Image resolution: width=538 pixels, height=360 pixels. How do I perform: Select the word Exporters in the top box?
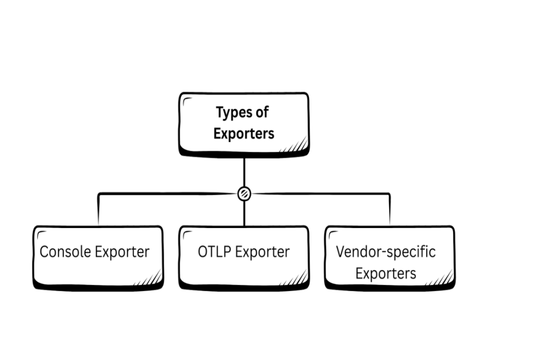pyautogui.click(x=244, y=133)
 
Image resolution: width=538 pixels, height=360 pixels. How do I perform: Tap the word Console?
pyautogui.click(x=66, y=252)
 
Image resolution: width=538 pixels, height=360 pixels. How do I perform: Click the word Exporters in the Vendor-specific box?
pyautogui.click(x=386, y=273)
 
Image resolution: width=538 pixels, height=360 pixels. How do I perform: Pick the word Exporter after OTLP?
pyautogui.click(x=262, y=252)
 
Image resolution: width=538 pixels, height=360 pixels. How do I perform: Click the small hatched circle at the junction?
pyautogui.click(x=244, y=193)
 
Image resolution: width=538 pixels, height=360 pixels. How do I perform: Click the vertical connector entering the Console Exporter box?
pyautogui.click(x=98, y=210)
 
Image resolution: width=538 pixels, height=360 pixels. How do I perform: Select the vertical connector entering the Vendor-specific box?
pyautogui.click(x=390, y=210)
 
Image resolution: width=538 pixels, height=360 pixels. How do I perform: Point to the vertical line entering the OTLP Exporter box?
pyautogui.click(x=244, y=213)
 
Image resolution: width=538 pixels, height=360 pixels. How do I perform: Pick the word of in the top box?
pyautogui.click(x=263, y=112)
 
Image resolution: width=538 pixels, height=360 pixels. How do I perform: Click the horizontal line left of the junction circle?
pyautogui.click(x=168, y=194)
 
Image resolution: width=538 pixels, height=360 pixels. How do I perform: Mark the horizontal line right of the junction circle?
pyautogui.click(x=320, y=194)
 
